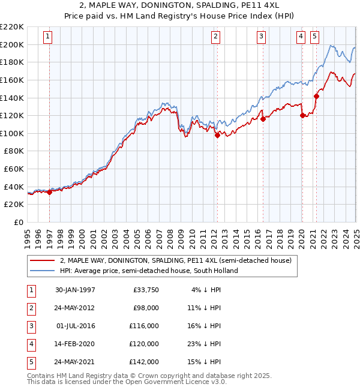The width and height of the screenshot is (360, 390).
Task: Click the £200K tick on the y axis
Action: (x=12, y=44)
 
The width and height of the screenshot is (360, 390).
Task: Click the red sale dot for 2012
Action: (x=217, y=136)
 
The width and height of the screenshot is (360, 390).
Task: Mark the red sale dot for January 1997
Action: (x=50, y=193)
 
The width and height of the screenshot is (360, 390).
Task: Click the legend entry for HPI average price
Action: (x=149, y=271)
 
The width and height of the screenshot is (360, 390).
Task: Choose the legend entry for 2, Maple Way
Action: (x=175, y=260)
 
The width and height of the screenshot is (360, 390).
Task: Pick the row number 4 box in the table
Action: (x=30, y=344)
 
